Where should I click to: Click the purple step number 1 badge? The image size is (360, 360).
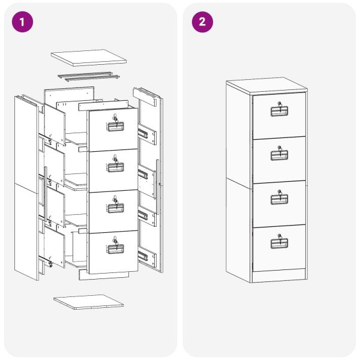(22, 22)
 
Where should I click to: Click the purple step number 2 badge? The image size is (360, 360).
(202, 22)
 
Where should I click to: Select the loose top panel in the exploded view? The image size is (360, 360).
(89, 57)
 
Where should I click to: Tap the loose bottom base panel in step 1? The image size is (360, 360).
(88, 302)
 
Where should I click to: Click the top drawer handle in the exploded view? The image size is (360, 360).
(115, 126)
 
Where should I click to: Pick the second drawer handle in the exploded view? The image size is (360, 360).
(115, 167)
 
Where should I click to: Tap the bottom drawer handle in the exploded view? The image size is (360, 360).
(115, 249)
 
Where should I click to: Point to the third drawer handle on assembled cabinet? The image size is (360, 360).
(280, 200)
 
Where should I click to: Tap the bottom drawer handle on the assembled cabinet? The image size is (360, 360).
(280, 244)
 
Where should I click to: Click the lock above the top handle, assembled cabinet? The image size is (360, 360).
(279, 105)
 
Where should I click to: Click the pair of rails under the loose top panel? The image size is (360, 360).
(85, 76)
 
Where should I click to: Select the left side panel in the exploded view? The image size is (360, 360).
(27, 186)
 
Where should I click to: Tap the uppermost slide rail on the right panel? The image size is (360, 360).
(143, 131)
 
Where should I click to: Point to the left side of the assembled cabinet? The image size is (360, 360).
(238, 180)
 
